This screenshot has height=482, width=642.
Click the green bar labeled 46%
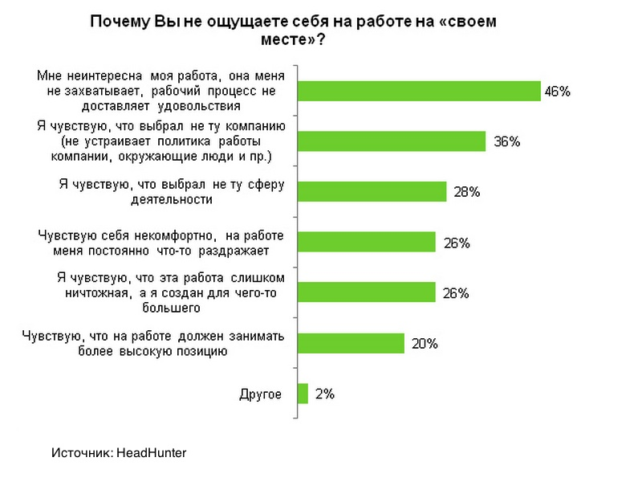[x=419, y=91]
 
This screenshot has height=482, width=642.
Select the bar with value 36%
[x=392, y=141]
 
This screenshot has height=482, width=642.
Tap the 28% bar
[x=372, y=191]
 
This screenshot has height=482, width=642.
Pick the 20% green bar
[x=351, y=343]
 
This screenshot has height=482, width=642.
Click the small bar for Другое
[x=303, y=394]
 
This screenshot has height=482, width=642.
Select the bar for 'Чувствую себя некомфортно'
[x=366, y=242]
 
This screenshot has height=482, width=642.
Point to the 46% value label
[x=557, y=92]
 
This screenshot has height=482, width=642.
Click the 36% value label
[x=507, y=141]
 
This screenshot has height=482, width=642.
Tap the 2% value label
[x=324, y=394]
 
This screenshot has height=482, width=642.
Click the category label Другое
[x=261, y=394]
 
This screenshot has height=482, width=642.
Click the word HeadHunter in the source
[x=152, y=453]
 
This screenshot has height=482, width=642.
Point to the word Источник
[x=81, y=453]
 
